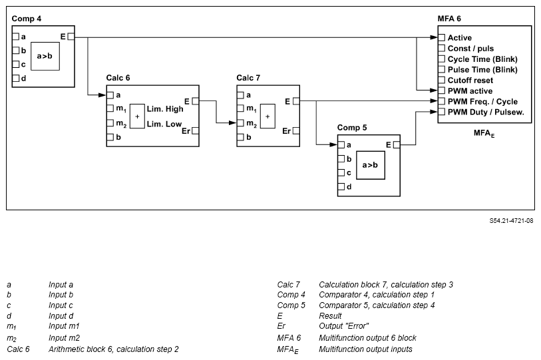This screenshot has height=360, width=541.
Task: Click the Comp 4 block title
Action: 27,19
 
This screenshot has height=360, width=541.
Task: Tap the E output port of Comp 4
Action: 71,36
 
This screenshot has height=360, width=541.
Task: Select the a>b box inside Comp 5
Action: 370,165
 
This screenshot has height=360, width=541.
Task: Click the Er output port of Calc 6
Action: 195,131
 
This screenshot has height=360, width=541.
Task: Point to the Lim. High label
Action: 165,109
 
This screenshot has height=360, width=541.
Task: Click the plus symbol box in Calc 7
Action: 268,116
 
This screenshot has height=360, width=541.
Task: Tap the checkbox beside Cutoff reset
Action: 441,80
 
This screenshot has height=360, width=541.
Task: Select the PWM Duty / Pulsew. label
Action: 486,112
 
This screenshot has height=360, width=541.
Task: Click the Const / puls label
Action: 470,49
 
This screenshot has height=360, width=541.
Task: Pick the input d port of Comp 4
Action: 15,78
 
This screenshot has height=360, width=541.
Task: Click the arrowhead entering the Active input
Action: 434,37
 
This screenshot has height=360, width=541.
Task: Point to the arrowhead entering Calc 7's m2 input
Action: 233,122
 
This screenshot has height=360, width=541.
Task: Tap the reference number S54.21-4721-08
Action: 511,220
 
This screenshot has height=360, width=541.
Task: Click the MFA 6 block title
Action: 449,19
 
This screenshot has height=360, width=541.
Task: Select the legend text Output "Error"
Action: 343,326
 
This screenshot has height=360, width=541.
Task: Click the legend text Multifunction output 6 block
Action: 367,337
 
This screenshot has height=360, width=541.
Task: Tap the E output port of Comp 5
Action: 397,144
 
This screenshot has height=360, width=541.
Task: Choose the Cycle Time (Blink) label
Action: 482,59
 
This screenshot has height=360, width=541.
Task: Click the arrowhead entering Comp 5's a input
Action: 333,144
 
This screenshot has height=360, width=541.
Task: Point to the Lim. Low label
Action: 164,124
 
